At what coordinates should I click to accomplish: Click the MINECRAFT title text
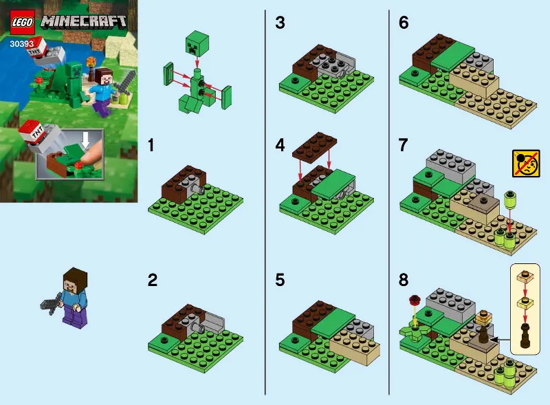click(x=84, y=21)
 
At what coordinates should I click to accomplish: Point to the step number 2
click(x=153, y=281)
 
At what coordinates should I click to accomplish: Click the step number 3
click(x=279, y=23)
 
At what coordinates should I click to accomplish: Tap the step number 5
click(x=280, y=281)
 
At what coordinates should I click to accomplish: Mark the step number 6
click(x=404, y=23)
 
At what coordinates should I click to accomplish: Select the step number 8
click(x=404, y=281)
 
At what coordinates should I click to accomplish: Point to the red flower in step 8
click(x=414, y=300)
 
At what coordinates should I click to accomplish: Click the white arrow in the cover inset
click(x=85, y=140)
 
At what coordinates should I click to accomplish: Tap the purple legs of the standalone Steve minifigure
click(x=73, y=317)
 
